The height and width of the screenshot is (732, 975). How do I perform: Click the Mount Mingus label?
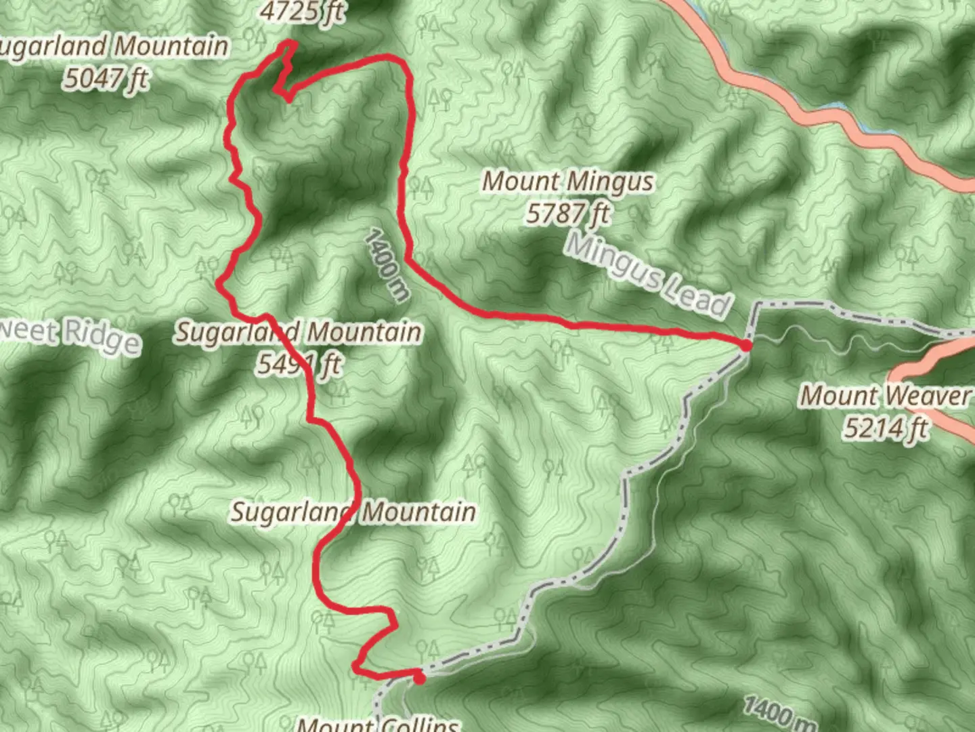[x=568, y=182]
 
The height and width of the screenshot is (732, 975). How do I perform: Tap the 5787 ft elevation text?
[x=568, y=214]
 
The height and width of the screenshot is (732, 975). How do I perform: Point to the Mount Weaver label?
[x=885, y=395]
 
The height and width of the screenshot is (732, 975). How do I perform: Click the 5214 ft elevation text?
[x=885, y=428]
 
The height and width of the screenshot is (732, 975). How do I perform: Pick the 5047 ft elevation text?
[x=106, y=79]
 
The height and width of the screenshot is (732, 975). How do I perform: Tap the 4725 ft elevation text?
[x=302, y=12]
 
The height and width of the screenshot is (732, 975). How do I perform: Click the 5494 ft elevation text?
[x=299, y=365]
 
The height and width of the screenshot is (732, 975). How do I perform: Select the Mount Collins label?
[x=378, y=724]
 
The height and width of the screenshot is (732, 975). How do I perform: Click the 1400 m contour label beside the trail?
[x=387, y=265]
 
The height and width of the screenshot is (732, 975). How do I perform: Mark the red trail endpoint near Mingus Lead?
[x=745, y=346]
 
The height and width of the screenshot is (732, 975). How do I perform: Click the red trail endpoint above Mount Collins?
[x=419, y=678]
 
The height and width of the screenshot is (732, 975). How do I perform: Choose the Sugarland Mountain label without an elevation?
[x=353, y=512]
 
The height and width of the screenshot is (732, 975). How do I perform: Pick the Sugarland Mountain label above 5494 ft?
[x=299, y=332]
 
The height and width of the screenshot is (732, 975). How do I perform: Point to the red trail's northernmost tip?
[x=291, y=43]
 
